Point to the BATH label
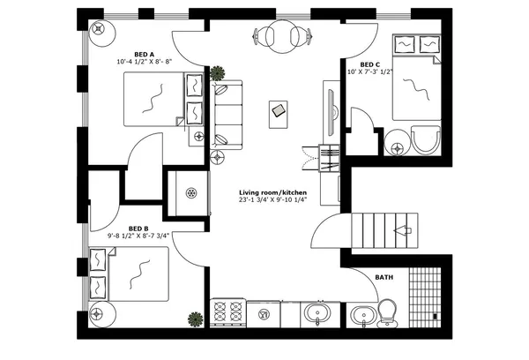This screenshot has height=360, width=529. click(384, 277)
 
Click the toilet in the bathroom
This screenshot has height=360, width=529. click(387, 311)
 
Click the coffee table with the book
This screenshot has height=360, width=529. click(278, 111)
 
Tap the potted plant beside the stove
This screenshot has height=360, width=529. click(192, 319)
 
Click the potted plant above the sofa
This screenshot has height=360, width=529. click(217, 73)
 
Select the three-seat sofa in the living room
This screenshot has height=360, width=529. click(227, 112)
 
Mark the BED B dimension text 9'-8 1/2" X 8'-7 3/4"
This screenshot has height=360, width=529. click(138, 236)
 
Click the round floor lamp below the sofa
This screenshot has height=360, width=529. click(218, 157)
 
